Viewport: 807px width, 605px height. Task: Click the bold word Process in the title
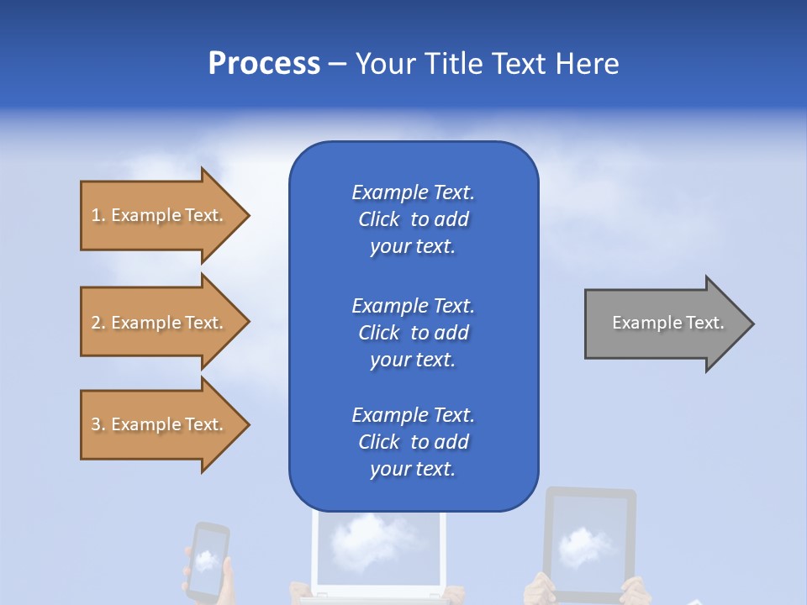(264, 64)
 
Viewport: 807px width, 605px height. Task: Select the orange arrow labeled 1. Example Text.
(160, 215)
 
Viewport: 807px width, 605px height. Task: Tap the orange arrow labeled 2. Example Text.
(160, 323)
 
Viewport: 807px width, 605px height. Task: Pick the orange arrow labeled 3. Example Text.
(160, 424)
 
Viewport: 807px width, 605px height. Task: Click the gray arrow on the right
(664, 323)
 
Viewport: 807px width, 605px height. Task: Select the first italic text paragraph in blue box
(413, 219)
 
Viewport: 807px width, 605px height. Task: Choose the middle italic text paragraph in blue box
(413, 332)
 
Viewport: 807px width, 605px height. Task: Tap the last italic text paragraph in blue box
(413, 442)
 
